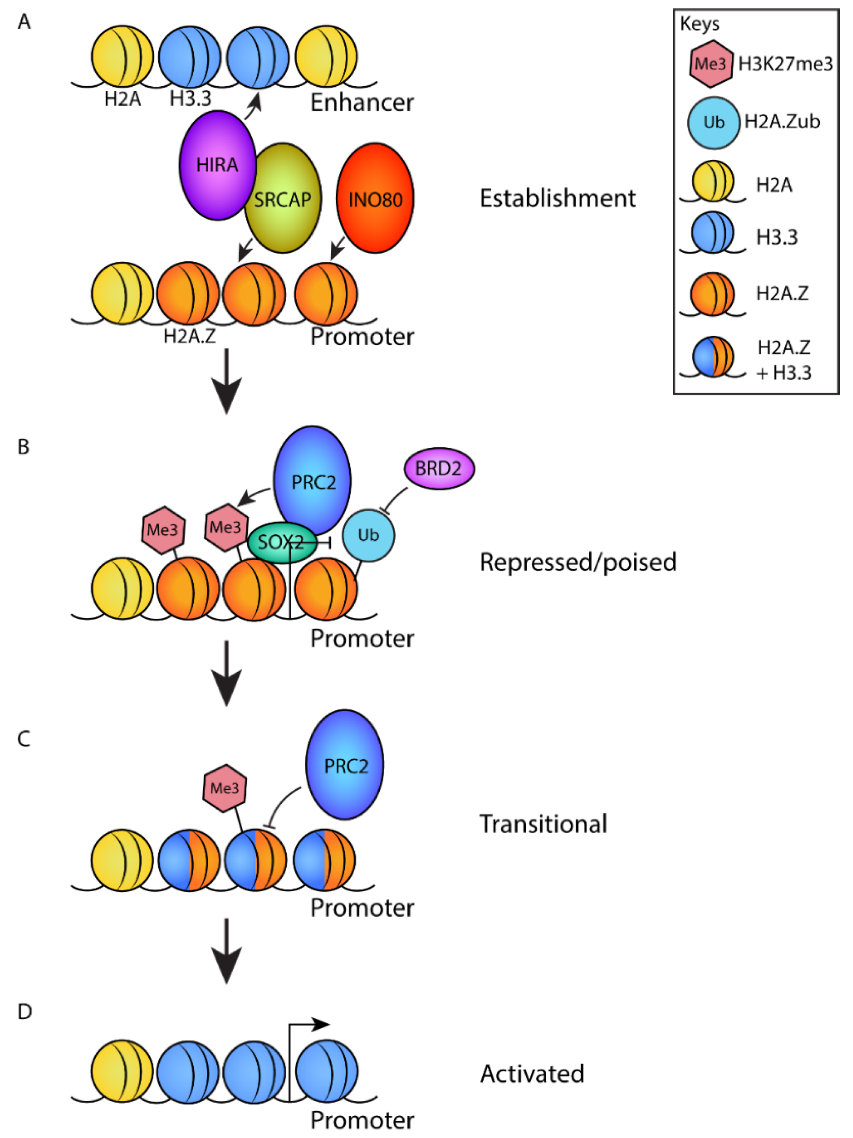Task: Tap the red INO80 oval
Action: click(x=375, y=198)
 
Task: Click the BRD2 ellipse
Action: click(x=439, y=468)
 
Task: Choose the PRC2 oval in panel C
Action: click(x=345, y=765)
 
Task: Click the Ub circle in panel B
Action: click(x=368, y=535)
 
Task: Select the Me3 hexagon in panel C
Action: click(x=225, y=788)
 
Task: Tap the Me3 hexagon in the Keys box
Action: click(x=711, y=64)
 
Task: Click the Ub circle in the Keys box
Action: click(x=714, y=123)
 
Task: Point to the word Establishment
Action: click(x=558, y=198)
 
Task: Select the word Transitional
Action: click(x=543, y=824)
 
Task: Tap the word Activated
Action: click(x=532, y=1074)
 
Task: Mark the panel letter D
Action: click(x=25, y=1011)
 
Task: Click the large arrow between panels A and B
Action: click(x=227, y=381)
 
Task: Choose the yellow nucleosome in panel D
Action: click(x=122, y=1071)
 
